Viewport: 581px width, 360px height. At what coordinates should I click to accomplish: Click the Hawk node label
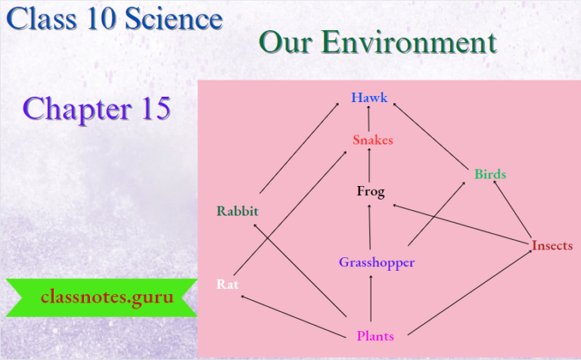tap(369, 98)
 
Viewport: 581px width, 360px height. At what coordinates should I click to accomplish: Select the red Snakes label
tap(372, 140)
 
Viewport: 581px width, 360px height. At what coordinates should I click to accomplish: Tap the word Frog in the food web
tap(371, 191)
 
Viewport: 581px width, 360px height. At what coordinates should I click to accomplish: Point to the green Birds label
tap(490, 174)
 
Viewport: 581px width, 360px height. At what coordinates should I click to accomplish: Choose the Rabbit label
tap(238, 210)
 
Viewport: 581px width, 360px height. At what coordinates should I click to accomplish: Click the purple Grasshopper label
tap(377, 262)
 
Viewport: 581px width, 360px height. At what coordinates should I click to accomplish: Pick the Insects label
tap(551, 246)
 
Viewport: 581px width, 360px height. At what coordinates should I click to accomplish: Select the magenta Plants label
tap(374, 337)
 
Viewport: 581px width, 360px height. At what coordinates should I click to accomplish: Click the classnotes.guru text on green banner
tap(107, 296)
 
